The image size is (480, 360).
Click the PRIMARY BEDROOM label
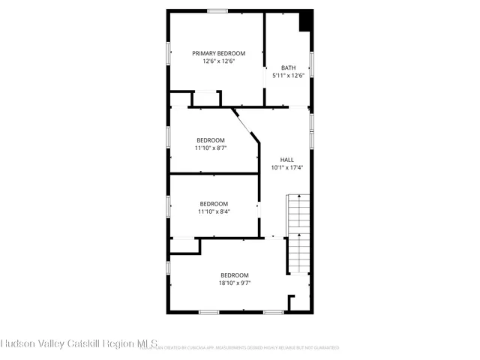[218, 53]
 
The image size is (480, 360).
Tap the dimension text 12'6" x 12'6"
[218, 61]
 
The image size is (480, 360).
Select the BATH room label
[288, 67]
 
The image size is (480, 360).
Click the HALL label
[286, 160]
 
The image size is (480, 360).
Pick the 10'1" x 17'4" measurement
[286, 167]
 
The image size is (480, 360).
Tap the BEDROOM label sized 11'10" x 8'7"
[211, 140]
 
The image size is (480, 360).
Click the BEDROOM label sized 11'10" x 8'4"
[214, 204]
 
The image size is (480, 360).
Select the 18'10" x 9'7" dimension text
[234, 283]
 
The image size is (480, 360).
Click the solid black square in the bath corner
[305, 21]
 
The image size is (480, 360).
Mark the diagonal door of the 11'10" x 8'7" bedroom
[245, 123]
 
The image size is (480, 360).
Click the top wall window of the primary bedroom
[217, 10]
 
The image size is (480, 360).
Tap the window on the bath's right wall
[311, 64]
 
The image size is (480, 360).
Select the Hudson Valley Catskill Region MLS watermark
[78, 343]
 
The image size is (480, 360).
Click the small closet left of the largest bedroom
[184, 247]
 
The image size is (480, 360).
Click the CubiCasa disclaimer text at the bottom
[247, 348]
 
